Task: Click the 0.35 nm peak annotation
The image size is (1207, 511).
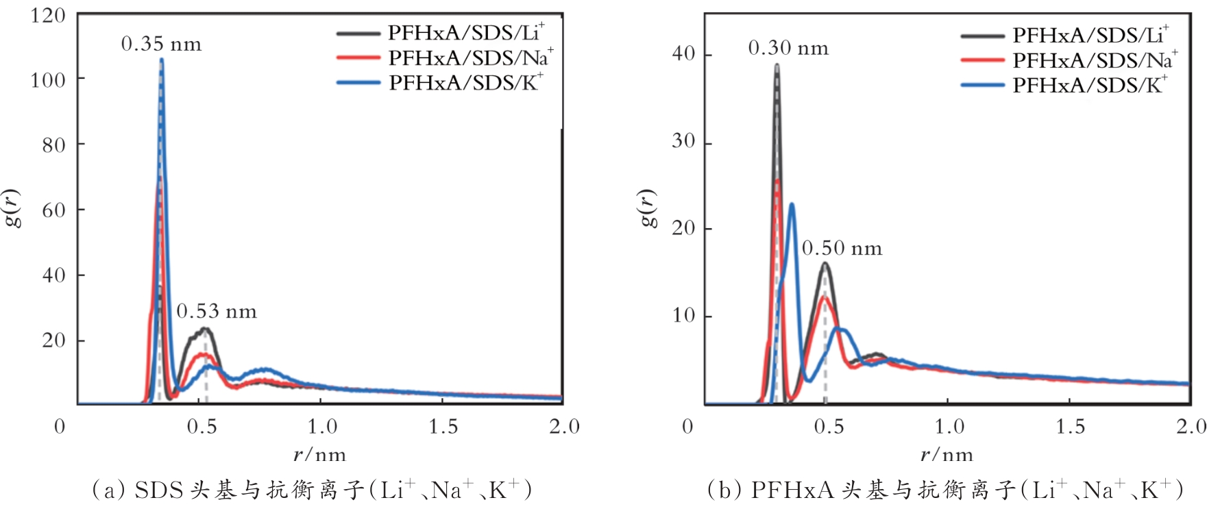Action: pos(161,45)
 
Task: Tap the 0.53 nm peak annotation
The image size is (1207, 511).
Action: pos(217,312)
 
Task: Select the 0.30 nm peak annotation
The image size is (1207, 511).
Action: pos(788,48)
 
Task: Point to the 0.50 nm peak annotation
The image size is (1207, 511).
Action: pos(842,248)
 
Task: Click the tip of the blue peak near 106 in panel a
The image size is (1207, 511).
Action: pos(161,60)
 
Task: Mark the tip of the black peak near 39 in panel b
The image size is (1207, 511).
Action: pos(777,66)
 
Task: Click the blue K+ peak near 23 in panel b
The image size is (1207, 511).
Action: pos(792,204)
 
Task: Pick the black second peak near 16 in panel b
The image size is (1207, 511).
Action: pos(825,263)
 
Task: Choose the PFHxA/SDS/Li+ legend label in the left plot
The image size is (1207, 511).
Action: pos(466,32)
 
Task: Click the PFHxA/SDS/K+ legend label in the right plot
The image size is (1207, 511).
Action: pos(1090,85)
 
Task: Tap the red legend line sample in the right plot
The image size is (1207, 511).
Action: pos(982,60)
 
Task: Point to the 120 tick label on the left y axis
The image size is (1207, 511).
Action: pos(47,15)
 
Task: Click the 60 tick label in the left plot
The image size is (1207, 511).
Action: pos(53,210)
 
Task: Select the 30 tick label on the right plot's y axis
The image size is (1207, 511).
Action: pos(683,141)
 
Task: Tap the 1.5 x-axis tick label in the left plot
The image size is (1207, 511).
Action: pos(443,427)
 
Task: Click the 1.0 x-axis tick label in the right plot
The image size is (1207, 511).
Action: pos(949,427)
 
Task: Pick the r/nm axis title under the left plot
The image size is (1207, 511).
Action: pos(319,455)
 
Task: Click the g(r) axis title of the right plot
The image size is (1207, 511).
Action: pos(647,208)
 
